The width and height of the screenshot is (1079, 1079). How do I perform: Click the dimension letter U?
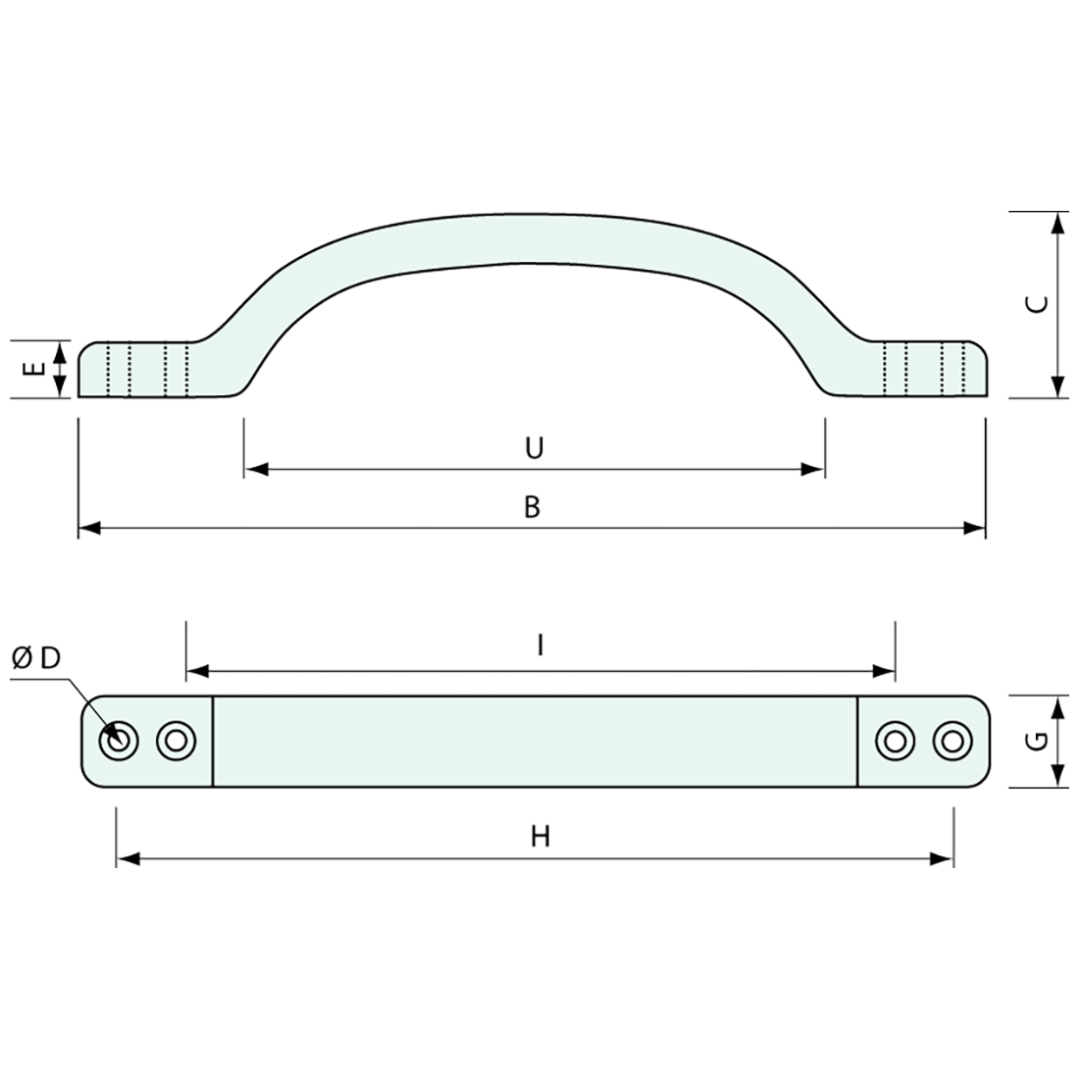(x=534, y=448)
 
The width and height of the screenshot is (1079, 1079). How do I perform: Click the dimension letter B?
(x=532, y=507)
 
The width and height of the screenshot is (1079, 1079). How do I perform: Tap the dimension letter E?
(x=34, y=369)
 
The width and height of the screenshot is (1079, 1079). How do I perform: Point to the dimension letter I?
(x=539, y=644)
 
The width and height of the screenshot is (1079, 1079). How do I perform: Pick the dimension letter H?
(x=539, y=837)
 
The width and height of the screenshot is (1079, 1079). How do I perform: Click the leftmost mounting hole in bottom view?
(x=119, y=741)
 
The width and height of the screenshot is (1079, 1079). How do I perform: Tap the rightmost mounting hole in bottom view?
(x=950, y=741)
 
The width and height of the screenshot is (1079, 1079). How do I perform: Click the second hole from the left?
(x=176, y=741)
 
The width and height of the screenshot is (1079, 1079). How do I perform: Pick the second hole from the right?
(x=893, y=741)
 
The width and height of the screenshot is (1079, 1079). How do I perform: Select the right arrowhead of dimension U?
(x=813, y=470)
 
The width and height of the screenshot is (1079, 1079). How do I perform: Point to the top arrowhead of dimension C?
(x=1056, y=223)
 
